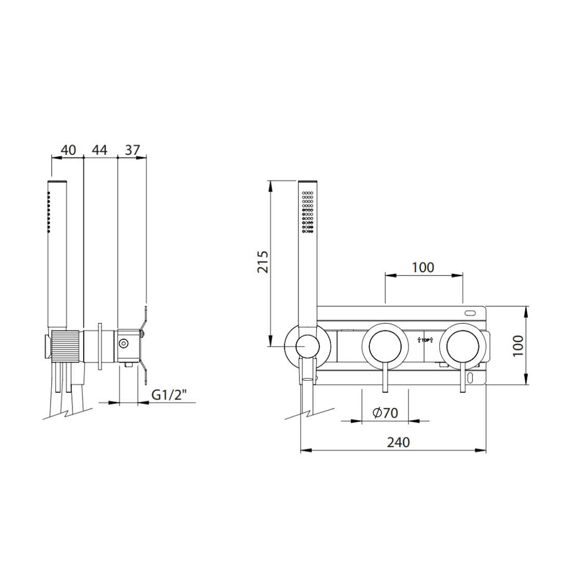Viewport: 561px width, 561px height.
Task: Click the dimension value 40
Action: pos(68,150)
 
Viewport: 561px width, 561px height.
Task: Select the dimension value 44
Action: pos(99,150)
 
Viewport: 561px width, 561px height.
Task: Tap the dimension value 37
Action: pos(132,150)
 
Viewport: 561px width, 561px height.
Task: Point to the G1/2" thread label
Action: pos(169,395)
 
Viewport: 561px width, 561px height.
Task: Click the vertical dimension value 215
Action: pos(263,262)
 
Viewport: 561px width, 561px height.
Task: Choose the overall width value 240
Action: pos(398,442)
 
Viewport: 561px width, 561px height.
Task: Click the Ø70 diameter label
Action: pos(385,413)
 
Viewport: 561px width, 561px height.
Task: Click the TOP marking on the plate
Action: pos(425,340)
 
